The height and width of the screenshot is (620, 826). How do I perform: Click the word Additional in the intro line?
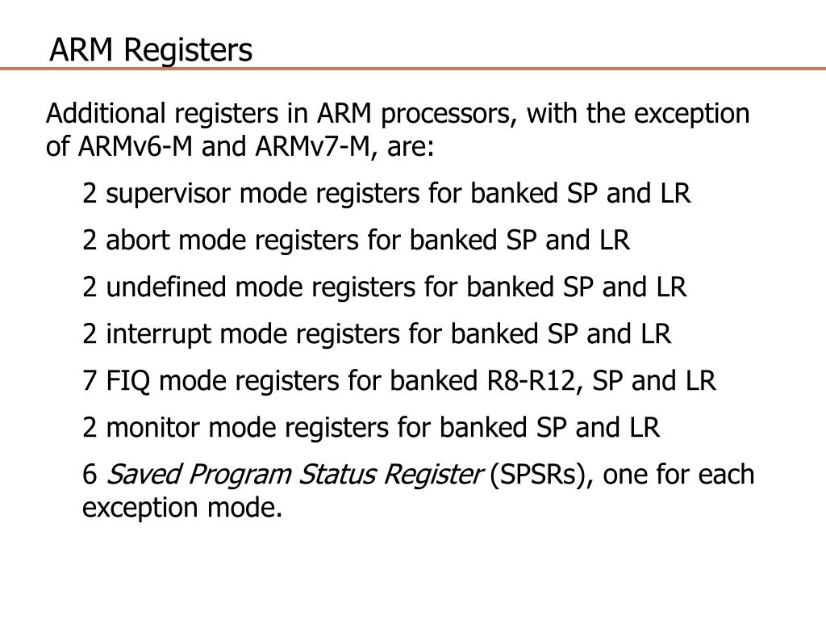(x=102, y=114)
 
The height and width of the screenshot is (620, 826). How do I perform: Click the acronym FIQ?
(x=129, y=380)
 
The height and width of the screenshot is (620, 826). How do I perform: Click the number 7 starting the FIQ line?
(x=90, y=380)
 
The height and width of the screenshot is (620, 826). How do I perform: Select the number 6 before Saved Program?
(x=90, y=474)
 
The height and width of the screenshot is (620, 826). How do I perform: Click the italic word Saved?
(x=134, y=474)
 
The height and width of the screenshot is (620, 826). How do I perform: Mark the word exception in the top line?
(x=691, y=114)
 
